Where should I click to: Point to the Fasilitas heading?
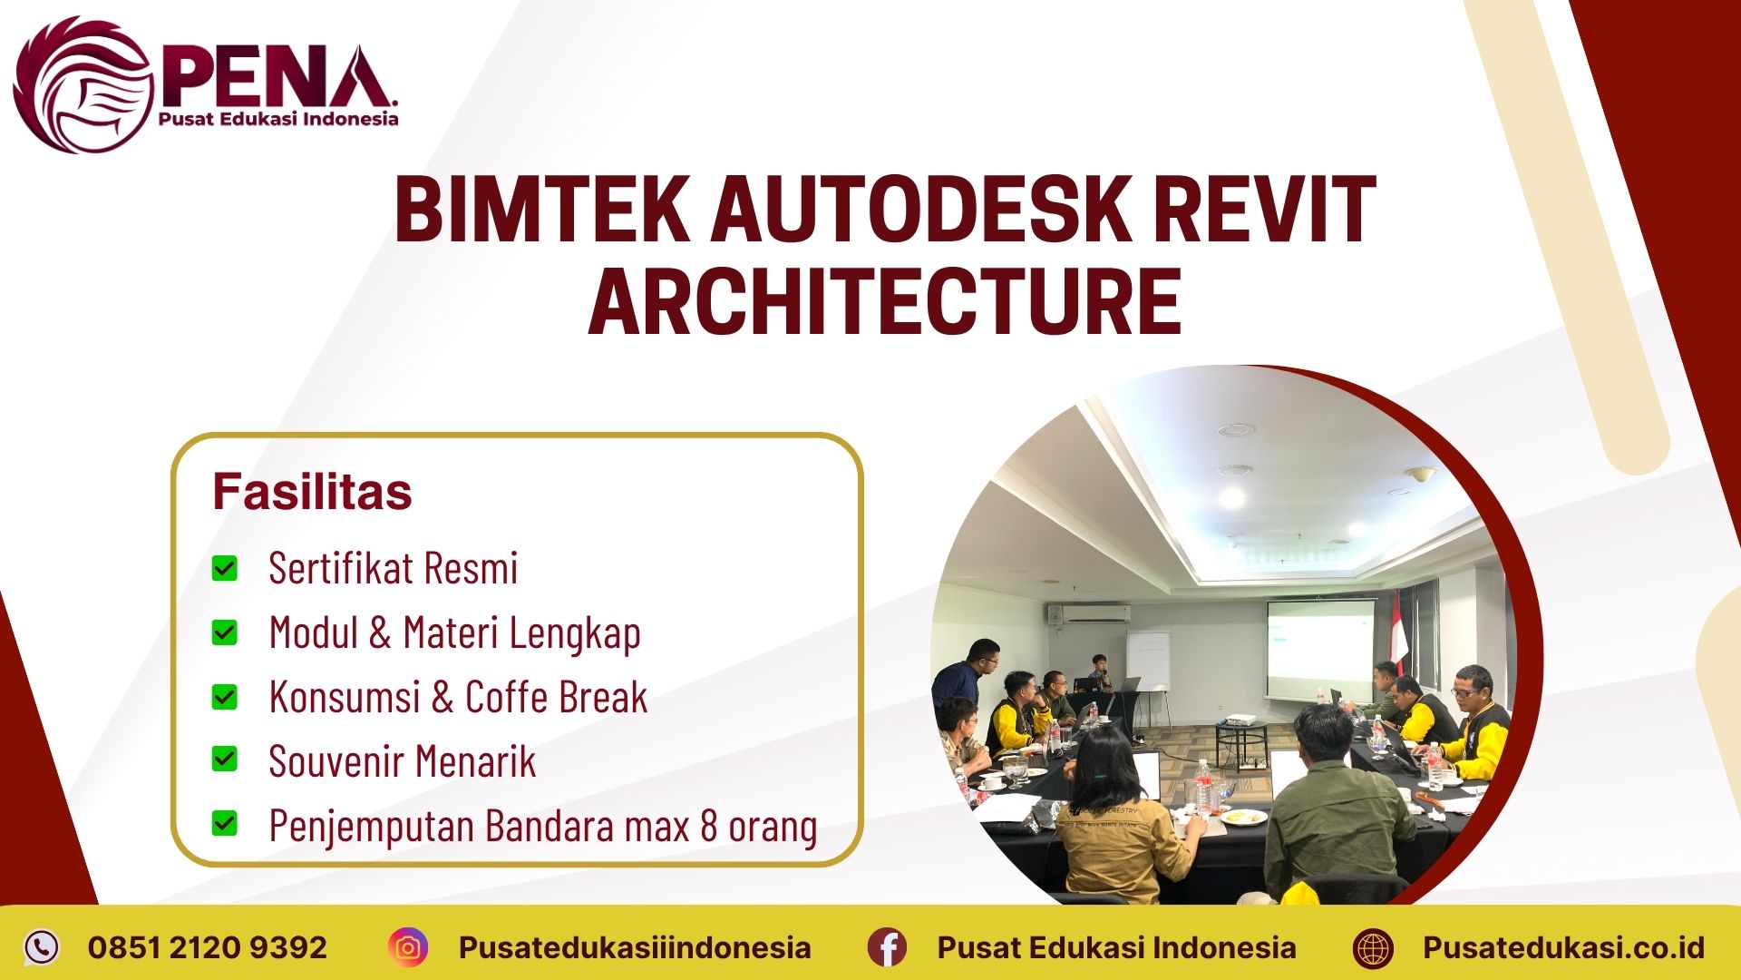tap(312, 492)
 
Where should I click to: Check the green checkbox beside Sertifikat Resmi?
tap(224, 569)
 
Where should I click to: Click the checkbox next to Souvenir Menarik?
tap(224, 759)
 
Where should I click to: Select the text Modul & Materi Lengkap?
tap(454, 632)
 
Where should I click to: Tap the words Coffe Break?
tap(556, 697)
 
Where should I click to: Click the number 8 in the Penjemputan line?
tap(709, 826)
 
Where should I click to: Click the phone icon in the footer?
tap(41, 947)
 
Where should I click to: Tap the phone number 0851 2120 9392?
tap(207, 947)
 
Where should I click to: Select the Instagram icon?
tap(408, 947)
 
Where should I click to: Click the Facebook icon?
tap(886, 947)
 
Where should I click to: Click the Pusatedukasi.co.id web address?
tap(1563, 947)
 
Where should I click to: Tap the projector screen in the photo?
tap(1319, 651)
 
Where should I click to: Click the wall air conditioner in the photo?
tap(1087, 613)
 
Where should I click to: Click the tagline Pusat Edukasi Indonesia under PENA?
tap(277, 119)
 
